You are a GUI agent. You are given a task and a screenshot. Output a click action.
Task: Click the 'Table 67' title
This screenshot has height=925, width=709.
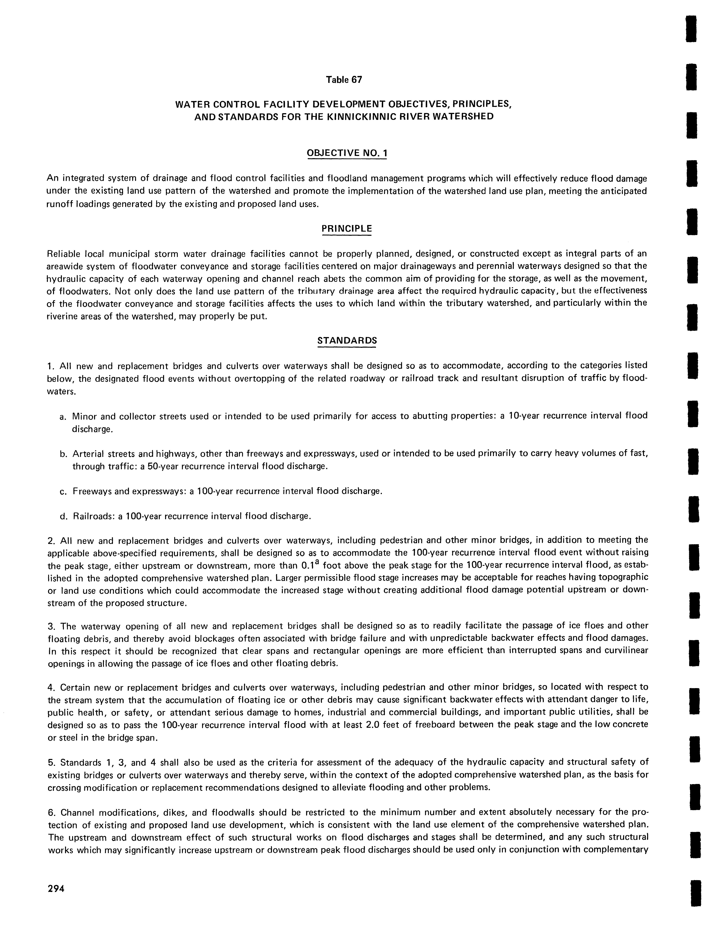[344, 80]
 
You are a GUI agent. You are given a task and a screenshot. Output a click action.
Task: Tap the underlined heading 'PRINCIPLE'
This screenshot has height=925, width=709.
[346, 229]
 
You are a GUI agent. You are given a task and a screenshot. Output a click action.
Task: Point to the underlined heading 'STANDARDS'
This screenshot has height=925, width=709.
[346, 340]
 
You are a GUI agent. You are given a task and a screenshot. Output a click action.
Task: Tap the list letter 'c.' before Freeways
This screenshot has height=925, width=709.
[63, 492]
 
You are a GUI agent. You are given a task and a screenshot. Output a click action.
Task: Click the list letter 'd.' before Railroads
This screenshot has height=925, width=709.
[63, 516]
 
